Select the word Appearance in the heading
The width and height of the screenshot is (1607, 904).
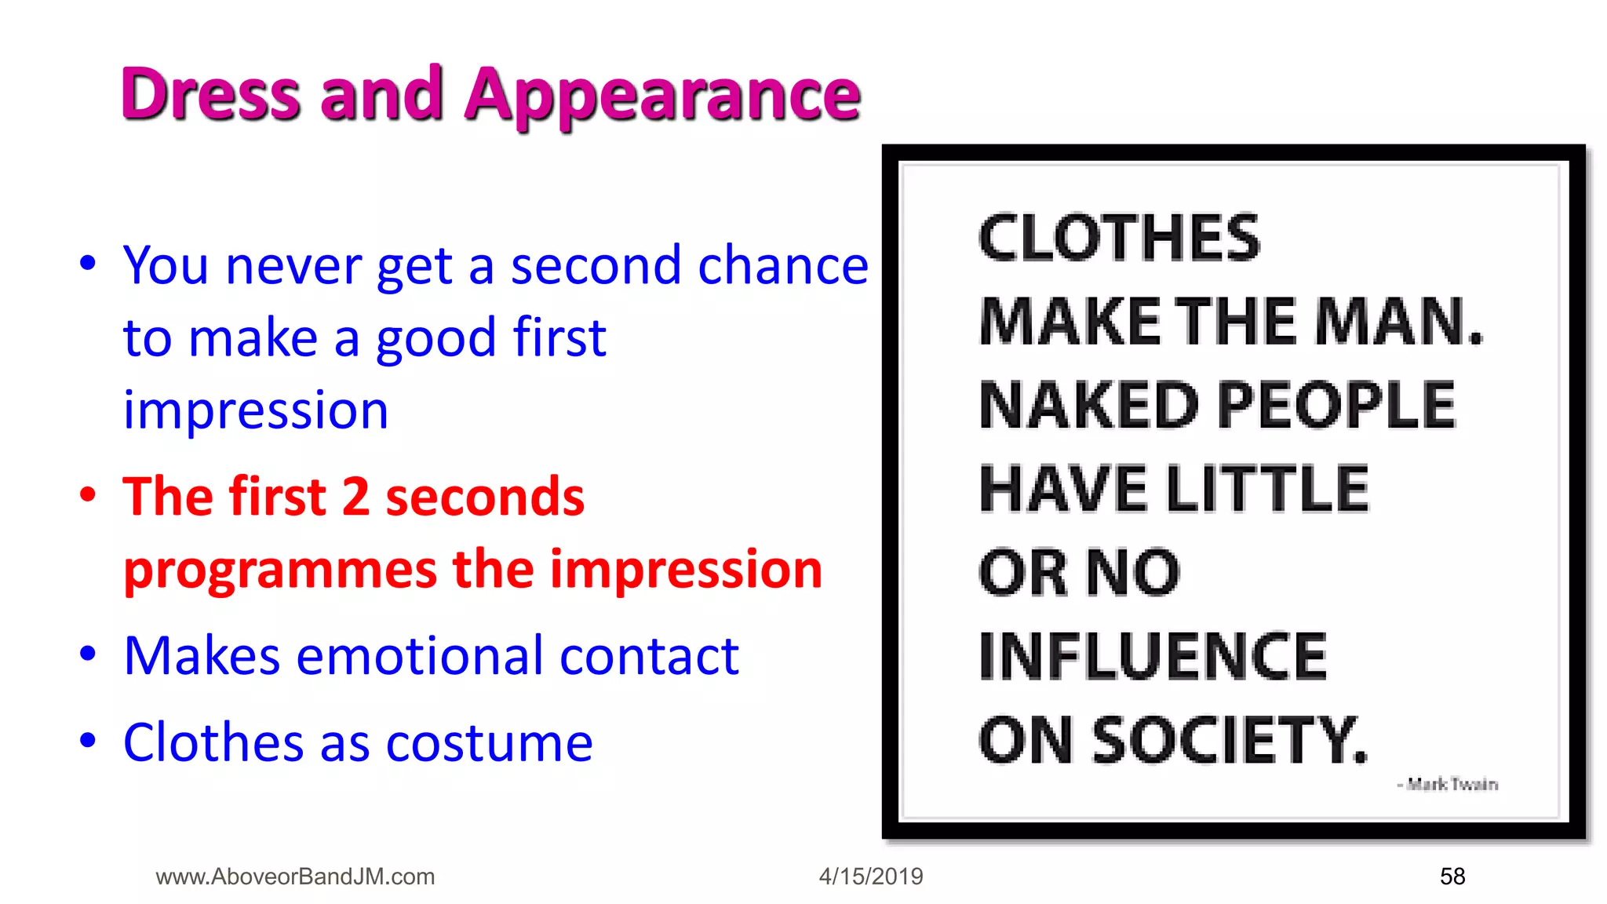point(663,97)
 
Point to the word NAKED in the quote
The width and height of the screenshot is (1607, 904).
point(1089,405)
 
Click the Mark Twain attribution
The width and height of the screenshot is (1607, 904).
point(1448,784)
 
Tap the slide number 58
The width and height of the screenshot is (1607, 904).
point(1452,876)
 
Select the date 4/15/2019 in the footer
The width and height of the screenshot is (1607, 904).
point(871,876)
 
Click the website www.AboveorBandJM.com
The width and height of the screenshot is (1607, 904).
point(295,876)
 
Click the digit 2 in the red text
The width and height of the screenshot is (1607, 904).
point(355,497)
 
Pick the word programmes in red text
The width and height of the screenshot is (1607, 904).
point(280,570)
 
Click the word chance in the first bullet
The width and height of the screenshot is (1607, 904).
point(783,265)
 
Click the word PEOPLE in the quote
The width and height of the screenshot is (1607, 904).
point(1336,405)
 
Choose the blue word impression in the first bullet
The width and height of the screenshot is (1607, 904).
point(256,410)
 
